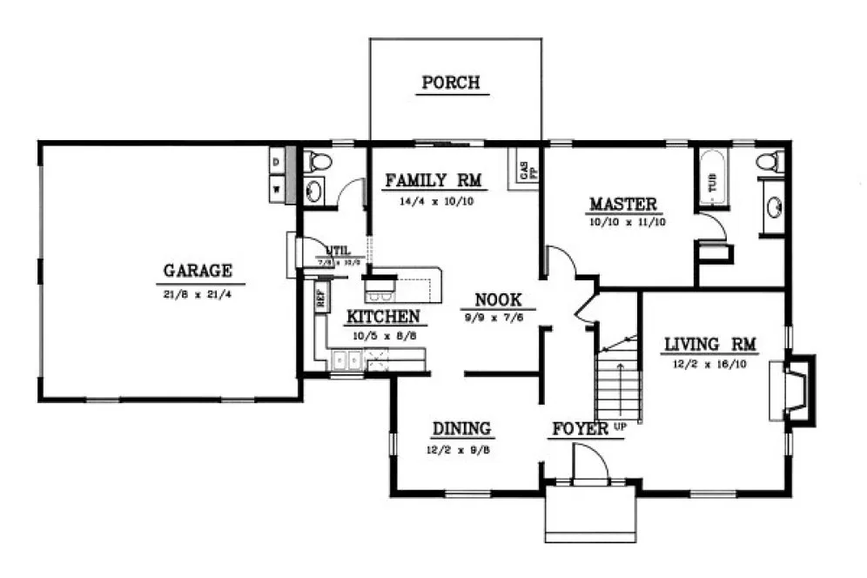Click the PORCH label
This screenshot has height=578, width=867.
click(450, 83)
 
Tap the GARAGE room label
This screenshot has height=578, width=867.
click(198, 270)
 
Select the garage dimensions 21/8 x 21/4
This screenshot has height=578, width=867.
click(198, 294)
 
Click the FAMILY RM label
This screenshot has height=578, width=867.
click(433, 181)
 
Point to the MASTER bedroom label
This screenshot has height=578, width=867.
click(622, 205)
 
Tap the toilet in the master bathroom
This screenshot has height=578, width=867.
click(769, 162)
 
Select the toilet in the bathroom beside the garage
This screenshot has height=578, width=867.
click(318, 162)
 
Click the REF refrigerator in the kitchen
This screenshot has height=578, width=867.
click(320, 298)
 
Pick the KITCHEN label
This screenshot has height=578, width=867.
click(383, 317)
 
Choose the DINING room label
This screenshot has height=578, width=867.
click(461, 428)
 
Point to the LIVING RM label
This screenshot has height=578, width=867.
click(710, 344)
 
